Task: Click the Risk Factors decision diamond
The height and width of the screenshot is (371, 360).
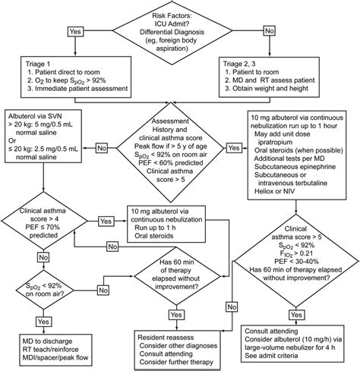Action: pyautogui.click(x=180, y=33)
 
